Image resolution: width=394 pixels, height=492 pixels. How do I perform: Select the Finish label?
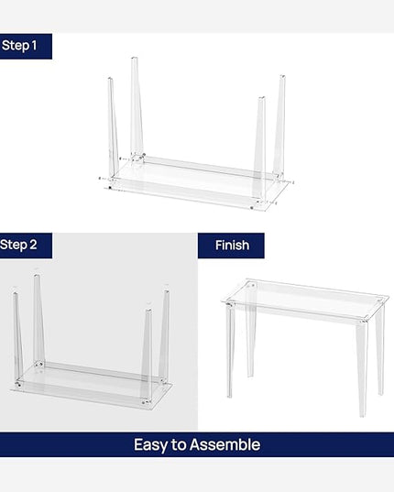231,245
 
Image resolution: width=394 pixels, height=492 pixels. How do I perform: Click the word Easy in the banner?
152,444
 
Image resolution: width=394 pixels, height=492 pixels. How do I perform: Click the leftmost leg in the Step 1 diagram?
113,128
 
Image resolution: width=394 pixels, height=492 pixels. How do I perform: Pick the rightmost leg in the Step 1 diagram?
279,124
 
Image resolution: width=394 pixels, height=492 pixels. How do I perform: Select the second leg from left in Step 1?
136,105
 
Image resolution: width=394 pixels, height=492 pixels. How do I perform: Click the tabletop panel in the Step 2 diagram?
92,385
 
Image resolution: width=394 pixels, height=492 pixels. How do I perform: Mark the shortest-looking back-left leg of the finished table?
249,344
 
